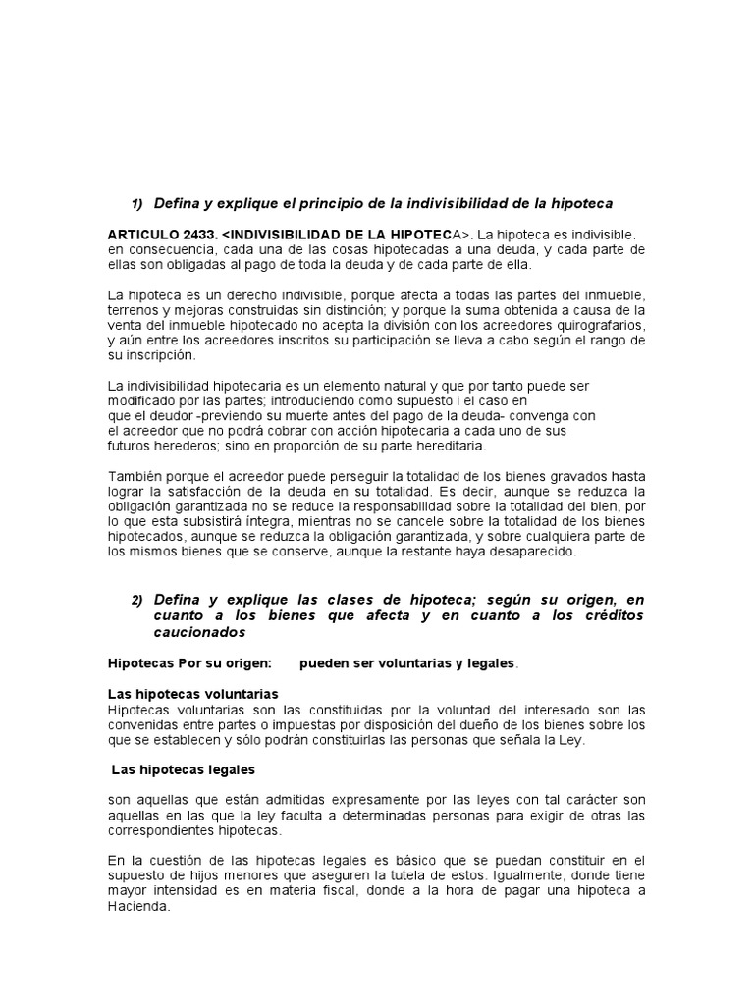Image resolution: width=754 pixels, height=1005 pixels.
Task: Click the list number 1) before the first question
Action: tap(137, 203)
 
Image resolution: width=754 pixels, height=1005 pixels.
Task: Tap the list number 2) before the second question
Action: tap(137, 601)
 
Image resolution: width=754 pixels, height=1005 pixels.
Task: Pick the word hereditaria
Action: tap(444, 446)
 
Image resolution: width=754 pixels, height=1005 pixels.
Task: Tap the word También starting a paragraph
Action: tap(135, 476)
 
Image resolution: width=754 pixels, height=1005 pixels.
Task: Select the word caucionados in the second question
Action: tap(200, 632)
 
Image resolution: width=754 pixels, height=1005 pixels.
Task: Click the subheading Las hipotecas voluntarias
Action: tap(193, 694)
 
